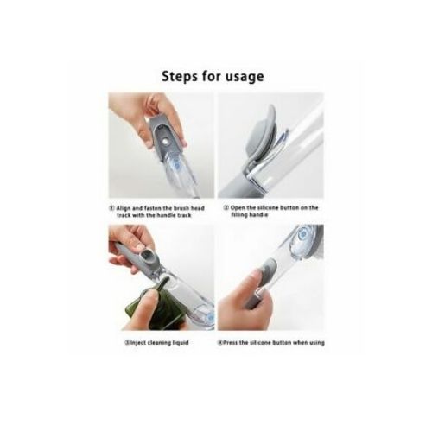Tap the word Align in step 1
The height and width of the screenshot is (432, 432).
pos(123,208)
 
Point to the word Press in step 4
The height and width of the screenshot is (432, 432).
pos(231,343)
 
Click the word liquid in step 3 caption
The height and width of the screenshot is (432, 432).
pos(181,343)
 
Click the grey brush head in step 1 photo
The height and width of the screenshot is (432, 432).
pos(166,137)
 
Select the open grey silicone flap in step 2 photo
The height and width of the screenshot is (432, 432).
pos(261,138)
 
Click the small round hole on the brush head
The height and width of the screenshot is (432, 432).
pos(165,143)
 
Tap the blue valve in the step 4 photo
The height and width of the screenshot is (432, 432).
pos(302,236)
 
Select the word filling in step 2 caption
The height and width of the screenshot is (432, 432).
pos(239,215)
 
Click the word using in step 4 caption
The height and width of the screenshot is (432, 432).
pos(317,343)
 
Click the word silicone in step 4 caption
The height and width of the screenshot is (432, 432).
pos(260,343)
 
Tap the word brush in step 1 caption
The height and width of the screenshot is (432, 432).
pos(181,208)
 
